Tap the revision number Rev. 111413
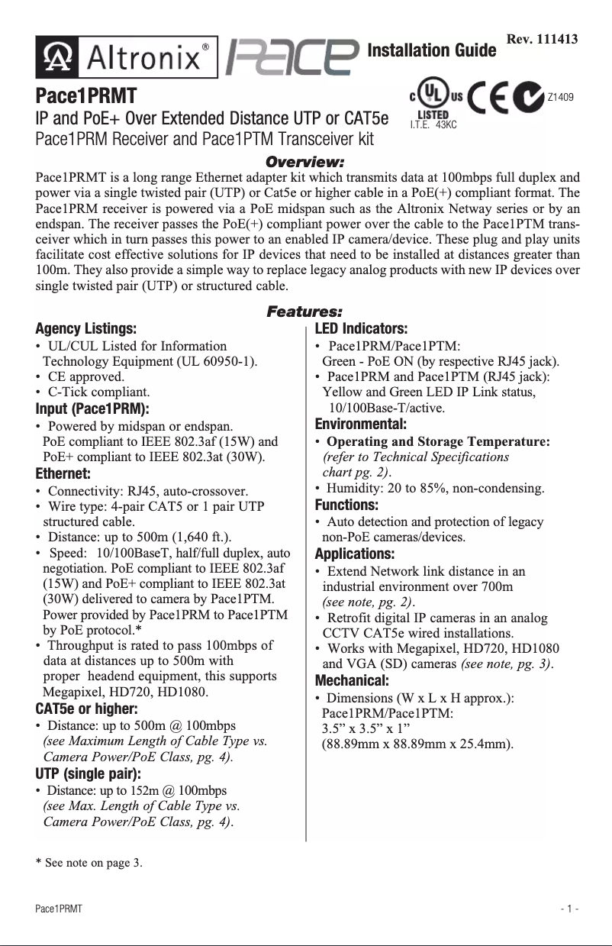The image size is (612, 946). [542, 39]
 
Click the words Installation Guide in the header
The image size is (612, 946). [431, 51]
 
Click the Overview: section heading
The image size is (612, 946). [304, 162]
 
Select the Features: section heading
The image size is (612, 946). [304, 312]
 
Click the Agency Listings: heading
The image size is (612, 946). [86, 329]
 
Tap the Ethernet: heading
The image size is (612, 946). [63, 473]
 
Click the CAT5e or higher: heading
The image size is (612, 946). [86, 708]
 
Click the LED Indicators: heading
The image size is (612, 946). [362, 329]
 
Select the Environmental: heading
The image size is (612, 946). [361, 424]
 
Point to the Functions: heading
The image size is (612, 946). [346, 505]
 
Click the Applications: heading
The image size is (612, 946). [355, 554]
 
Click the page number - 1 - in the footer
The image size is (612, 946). [569, 910]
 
